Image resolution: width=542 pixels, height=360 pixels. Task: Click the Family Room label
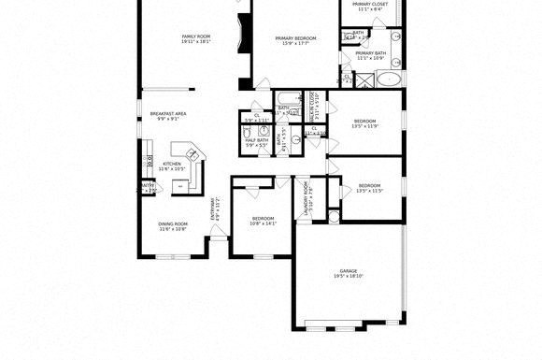click(x=197, y=36)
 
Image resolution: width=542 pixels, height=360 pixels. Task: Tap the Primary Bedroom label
click(x=295, y=38)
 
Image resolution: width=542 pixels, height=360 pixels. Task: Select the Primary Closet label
click(x=370, y=5)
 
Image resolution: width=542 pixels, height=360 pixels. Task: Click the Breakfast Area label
click(x=168, y=114)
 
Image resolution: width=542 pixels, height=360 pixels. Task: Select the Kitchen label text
click(x=171, y=164)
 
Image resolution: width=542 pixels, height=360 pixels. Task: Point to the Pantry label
click(x=147, y=185)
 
